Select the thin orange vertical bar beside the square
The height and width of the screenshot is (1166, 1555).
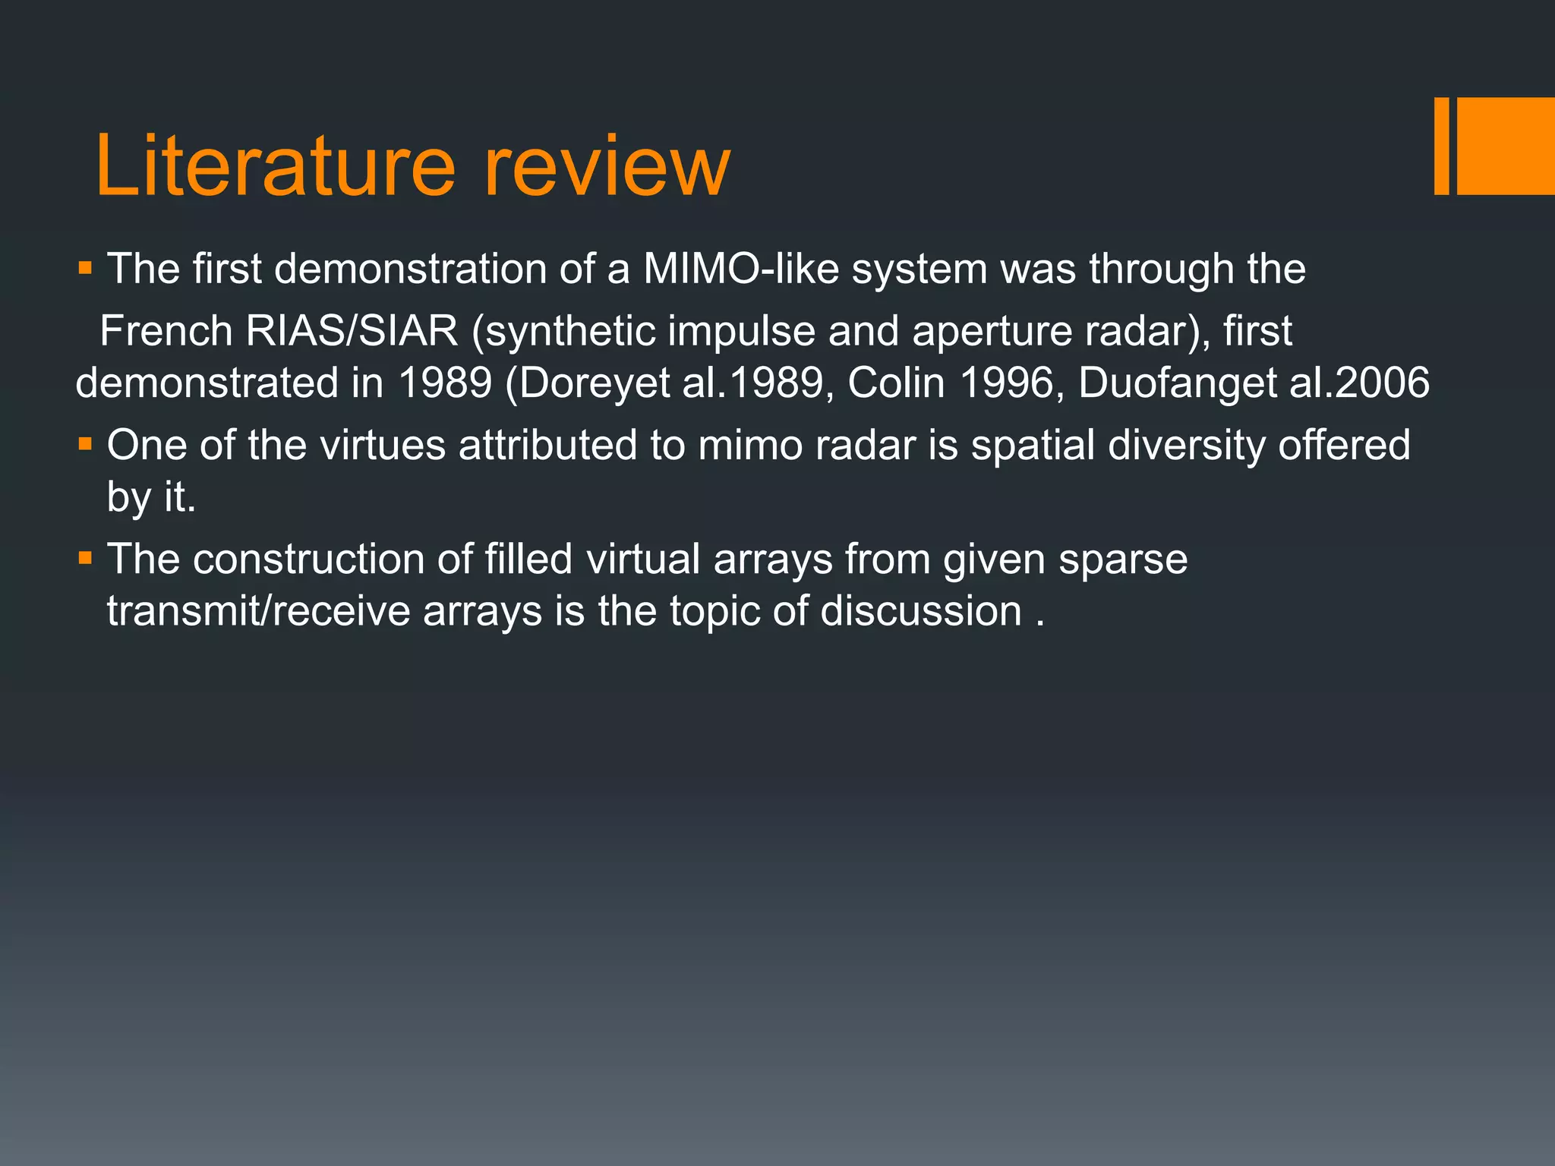coord(1441,146)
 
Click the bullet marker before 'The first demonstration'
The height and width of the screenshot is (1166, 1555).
coord(85,268)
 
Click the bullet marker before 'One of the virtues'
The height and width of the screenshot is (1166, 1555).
coord(85,444)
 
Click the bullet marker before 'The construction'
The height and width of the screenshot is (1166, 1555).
coord(85,559)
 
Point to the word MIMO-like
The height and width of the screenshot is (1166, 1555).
coord(741,269)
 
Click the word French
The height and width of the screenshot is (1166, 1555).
coord(166,331)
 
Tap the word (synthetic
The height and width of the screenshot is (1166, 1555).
coord(563,331)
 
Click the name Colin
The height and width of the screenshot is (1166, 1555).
coord(896,383)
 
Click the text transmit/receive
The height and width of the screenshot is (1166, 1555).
coord(258,611)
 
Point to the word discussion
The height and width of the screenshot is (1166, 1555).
coord(920,611)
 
